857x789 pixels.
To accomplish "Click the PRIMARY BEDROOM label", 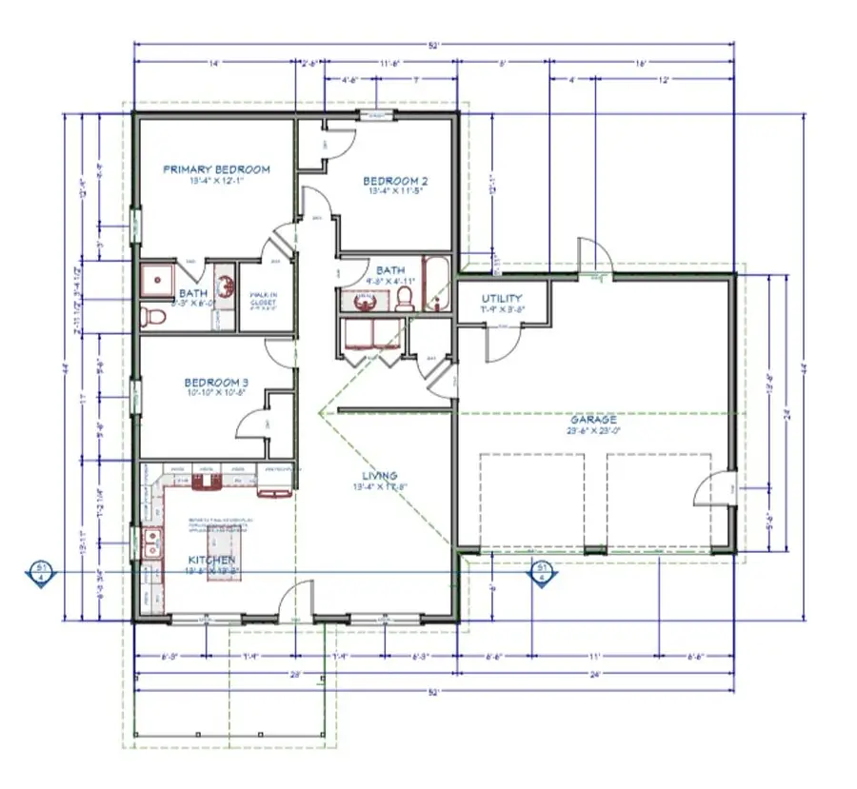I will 216,169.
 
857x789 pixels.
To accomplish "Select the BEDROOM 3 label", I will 216,384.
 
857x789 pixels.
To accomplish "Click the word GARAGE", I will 593,419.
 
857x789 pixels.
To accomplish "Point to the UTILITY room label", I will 501,299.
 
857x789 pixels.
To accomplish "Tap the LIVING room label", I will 379,476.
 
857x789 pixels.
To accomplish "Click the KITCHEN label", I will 210,562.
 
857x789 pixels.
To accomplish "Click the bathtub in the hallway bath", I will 437,283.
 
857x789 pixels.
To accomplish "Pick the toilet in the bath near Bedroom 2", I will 404,299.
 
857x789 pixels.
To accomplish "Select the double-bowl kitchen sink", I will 150,545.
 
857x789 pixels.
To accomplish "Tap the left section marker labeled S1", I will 41,572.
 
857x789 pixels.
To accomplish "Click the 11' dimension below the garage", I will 594,657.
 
